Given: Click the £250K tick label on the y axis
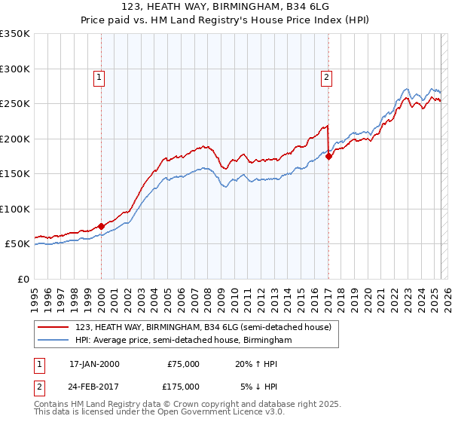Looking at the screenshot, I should (14, 104).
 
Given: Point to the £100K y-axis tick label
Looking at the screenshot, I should (14, 209).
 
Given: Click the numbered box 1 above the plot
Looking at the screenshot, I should (99, 75).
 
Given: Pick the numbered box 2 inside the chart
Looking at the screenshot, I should (326, 75).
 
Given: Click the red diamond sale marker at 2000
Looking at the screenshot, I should (101, 225).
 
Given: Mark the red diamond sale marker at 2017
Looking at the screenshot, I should (328, 157).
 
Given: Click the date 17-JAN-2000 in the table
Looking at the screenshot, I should (94, 364).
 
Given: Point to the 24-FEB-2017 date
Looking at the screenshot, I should (94, 387).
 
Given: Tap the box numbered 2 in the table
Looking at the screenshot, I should (37, 387).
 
